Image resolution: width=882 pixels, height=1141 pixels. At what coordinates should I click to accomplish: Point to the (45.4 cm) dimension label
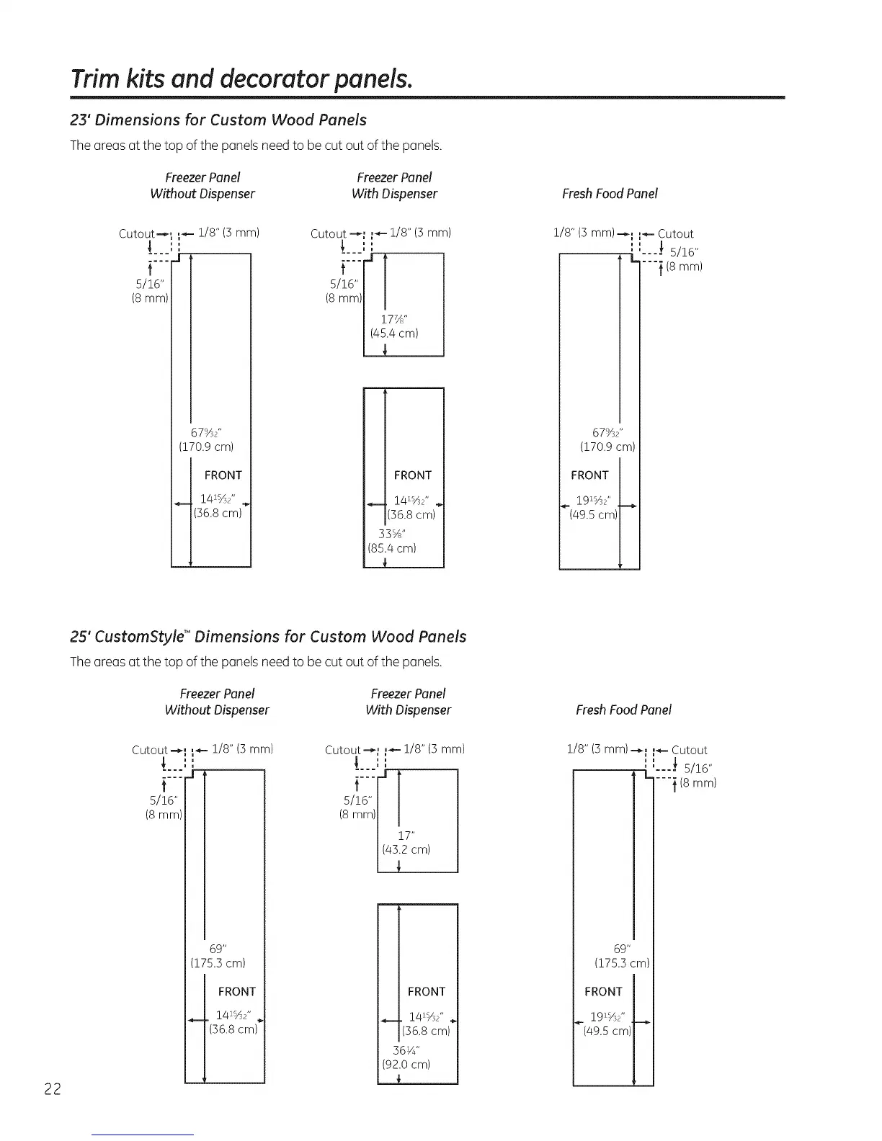click(393, 334)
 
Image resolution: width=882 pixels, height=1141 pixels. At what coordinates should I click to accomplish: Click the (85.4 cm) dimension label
click(392, 548)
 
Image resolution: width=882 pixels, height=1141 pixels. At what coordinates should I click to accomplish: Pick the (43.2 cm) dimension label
click(406, 849)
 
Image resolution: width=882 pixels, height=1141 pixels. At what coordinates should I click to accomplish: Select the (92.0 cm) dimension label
click(406, 1064)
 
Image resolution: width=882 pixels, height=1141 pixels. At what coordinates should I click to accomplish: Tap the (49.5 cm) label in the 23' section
click(594, 514)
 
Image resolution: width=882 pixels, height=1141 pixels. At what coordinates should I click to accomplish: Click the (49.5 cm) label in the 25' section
click(607, 1031)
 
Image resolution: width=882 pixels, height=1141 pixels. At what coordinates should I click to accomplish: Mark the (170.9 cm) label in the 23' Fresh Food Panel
click(607, 447)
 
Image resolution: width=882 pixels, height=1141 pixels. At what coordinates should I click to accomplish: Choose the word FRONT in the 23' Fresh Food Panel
click(589, 475)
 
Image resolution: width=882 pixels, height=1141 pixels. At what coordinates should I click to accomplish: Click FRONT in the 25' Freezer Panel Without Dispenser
click(236, 992)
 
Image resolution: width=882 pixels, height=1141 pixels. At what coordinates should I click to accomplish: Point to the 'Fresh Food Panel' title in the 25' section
click(623, 710)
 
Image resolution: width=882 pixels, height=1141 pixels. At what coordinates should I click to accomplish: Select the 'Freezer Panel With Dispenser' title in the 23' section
click(394, 185)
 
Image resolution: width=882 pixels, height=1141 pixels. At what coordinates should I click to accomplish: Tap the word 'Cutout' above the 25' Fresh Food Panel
click(689, 750)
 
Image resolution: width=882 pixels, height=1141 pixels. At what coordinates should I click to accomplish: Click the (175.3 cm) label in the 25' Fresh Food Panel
click(622, 963)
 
